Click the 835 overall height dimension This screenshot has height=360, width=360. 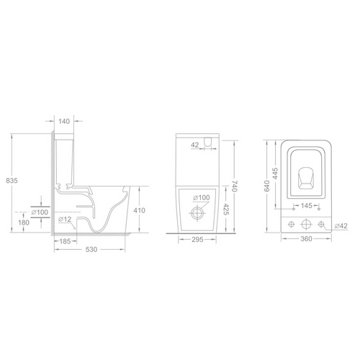coord(12,181)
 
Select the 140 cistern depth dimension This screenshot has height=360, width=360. coord(64,121)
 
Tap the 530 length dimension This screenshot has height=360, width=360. coord(91,250)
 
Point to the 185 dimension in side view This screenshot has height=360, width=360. coord(65,241)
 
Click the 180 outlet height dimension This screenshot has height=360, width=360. coord(24,222)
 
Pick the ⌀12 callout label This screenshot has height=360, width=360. coord(65,219)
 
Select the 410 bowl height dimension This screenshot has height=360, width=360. coord(140,210)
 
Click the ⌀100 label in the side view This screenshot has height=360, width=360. coord(40,212)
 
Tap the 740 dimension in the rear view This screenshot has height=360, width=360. coord(234,186)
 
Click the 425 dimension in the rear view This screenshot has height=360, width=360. coord(226,209)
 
